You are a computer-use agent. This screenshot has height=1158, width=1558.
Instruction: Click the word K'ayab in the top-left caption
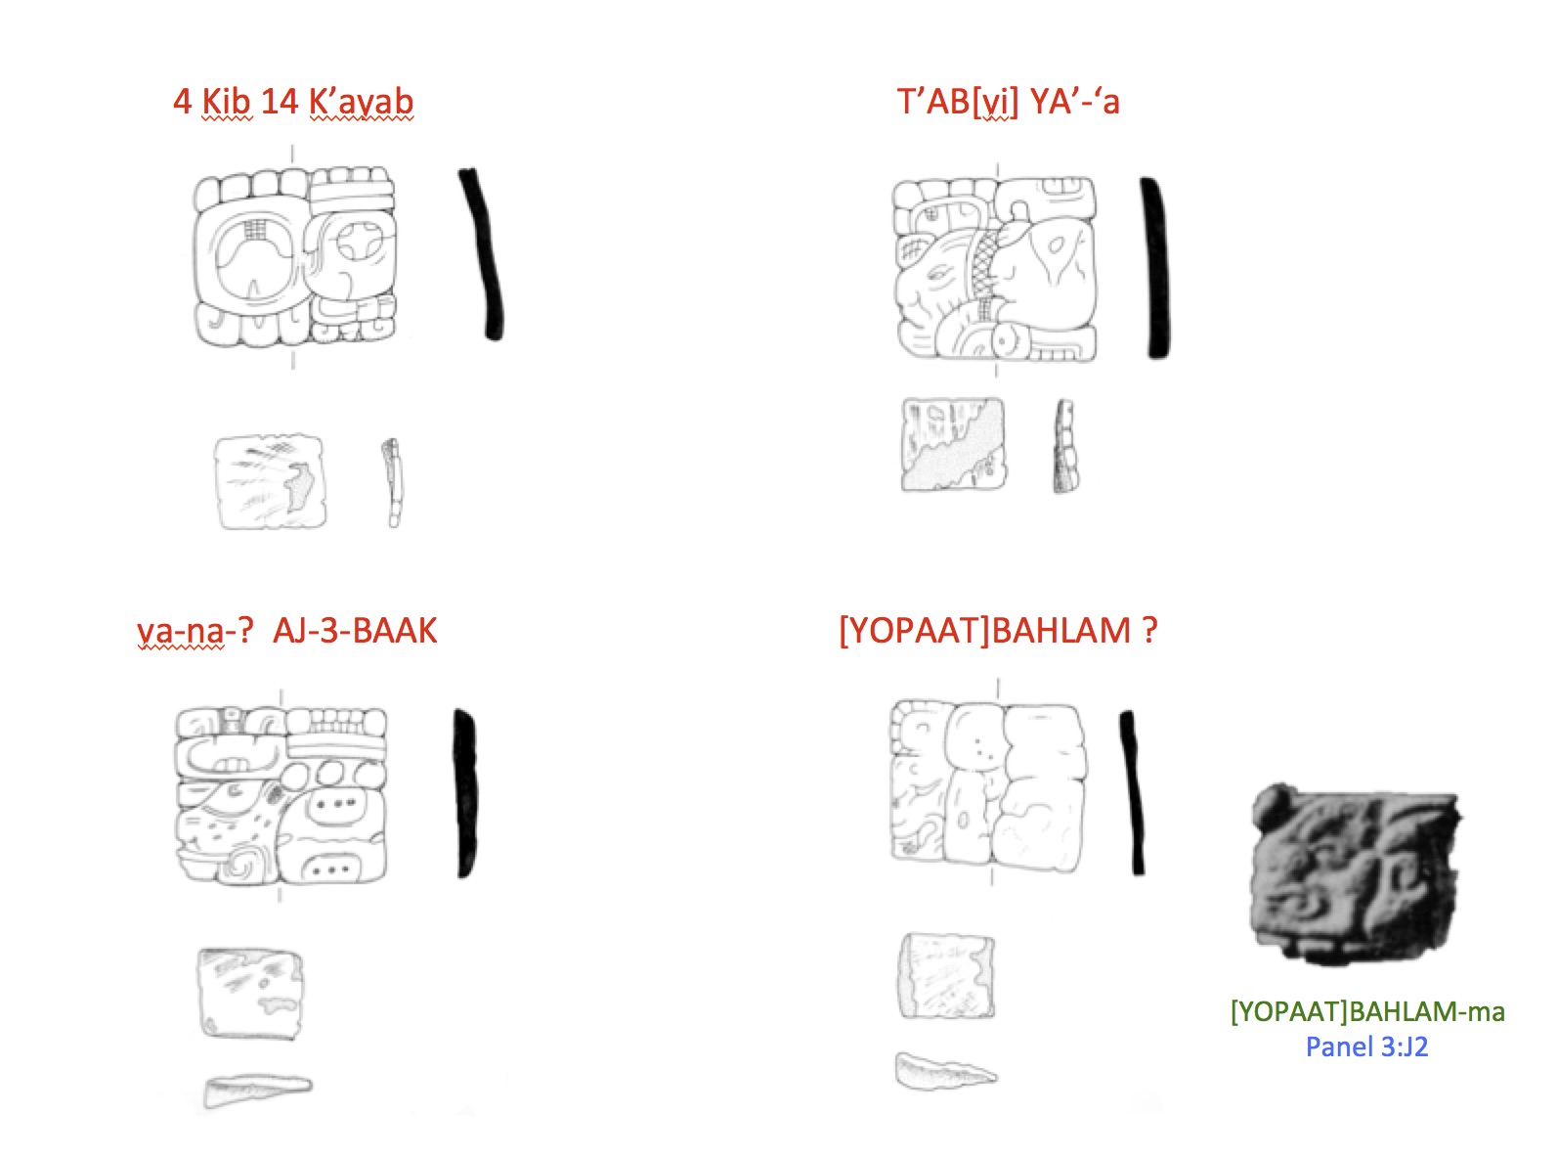click(x=361, y=102)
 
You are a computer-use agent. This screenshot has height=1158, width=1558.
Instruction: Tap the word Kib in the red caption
click(x=226, y=102)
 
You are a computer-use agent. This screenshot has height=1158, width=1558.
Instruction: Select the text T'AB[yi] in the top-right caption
click(x=958, y=102)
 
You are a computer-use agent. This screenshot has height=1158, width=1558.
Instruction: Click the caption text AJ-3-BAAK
click(x=355, y=631)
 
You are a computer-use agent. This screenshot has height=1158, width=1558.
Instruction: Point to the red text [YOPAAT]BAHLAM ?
click(x=998, y=631)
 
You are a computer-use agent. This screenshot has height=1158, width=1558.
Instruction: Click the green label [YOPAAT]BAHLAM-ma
click(x=1367, y=1011)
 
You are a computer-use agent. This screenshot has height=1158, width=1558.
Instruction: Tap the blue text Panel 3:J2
click(x=1367, y=1047)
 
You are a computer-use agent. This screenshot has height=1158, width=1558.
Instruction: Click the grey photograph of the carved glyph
click(x=1355, y=874)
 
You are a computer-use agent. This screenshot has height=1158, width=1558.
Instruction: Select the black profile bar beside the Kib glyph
click(x=481, y=254)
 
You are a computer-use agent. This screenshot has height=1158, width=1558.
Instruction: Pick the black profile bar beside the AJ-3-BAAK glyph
click(x=465, y=793)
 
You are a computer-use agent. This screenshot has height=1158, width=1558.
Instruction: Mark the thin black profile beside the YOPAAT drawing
click(x=1132, y=793)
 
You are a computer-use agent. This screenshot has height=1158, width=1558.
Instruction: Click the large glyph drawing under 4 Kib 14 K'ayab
click(x=294, y=257)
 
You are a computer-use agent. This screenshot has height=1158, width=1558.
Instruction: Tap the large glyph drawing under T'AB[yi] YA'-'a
click(x=995, y=269)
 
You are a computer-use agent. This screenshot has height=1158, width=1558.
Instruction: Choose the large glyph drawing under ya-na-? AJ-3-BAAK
click(x=281, y=795)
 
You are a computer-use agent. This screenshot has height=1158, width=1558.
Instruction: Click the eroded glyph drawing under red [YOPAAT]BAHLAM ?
click(x=987, y=786)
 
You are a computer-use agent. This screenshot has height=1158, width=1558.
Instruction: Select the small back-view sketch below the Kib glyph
click(x=271, y=481)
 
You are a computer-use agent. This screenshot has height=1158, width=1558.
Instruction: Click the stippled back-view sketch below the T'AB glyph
click(x=953, y=444)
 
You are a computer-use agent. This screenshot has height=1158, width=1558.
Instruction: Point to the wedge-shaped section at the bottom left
click(x=257, y=1090)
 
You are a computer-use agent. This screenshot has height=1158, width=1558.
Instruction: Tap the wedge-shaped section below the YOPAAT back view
click(x=945, y=1072)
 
